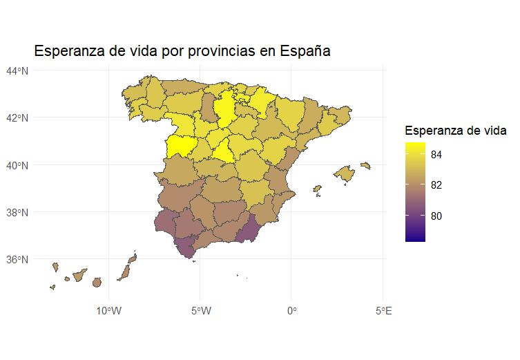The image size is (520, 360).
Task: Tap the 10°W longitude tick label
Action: (x=108, y=311)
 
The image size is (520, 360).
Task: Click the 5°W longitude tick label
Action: (x=200, y=311)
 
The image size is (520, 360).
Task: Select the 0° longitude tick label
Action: (x=291, y=311)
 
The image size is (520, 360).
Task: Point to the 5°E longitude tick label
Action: (x=383, y=311)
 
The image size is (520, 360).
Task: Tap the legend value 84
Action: (x=436, y=155)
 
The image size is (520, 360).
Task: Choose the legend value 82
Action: (x=436, y=185)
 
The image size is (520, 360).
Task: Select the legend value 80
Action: (x=436, y=216)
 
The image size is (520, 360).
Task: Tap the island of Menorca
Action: (x=365, y=165)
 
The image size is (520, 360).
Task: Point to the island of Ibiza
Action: (x=317, y=188)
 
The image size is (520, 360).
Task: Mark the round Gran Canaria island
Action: (x=96, y=282)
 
